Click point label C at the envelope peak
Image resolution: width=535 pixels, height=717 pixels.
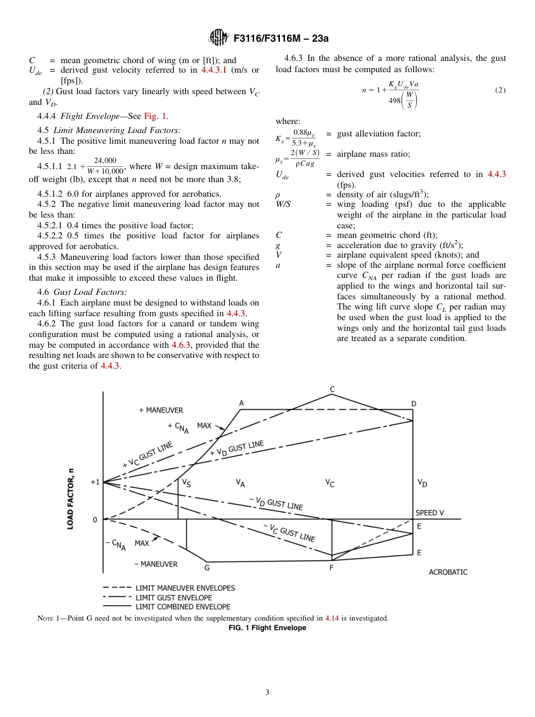332,389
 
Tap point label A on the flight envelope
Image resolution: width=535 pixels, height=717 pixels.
242,402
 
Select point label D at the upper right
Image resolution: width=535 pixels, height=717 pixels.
413,404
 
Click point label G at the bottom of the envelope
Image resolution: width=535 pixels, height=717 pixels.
207,568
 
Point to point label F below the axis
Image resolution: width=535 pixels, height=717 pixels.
331,568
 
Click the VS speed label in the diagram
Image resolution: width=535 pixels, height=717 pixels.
186,483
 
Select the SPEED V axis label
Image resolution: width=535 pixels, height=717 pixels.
430,513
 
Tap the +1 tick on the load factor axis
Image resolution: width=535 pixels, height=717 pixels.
95,483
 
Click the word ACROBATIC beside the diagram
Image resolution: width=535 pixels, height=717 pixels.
448,572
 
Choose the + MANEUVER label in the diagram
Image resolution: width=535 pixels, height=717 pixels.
160,410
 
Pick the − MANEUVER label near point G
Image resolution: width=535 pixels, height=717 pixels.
155,564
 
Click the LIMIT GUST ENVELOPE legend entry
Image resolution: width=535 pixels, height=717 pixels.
173,597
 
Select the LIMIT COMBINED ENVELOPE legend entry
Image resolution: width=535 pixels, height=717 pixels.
182,607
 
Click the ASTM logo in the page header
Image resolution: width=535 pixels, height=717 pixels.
217,38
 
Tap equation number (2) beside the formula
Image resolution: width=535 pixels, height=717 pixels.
500,90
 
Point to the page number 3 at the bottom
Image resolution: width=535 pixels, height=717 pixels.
267,692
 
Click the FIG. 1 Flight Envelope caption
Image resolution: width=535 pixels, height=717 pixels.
267,628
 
